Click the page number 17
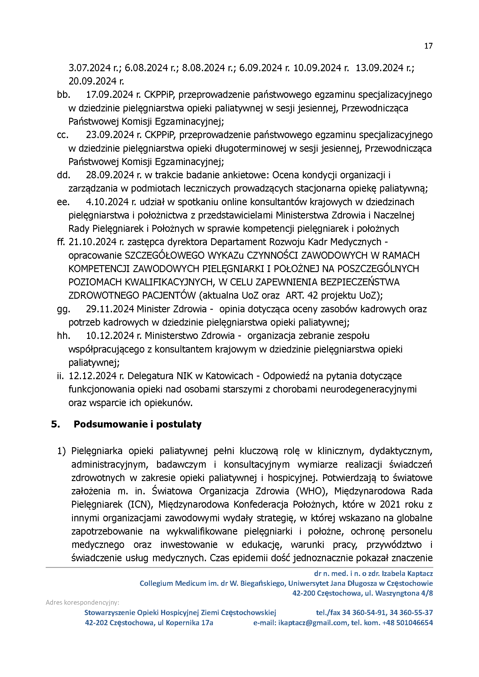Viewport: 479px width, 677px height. coord(428,46)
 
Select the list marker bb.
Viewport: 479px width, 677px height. coord(63,95)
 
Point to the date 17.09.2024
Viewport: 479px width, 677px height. coord(110,95)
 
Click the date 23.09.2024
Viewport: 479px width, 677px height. coord(110,135)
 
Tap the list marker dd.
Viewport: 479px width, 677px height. coord(63,175)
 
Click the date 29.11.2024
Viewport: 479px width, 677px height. coord(110,309)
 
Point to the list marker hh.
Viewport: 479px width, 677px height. coord(63,336)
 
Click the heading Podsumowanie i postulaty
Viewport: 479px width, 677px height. coord(137,424)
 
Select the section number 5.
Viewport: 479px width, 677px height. coord(56,424)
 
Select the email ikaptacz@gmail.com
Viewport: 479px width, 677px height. coord(313,623)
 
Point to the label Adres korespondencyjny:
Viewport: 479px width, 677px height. coord(82,603)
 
